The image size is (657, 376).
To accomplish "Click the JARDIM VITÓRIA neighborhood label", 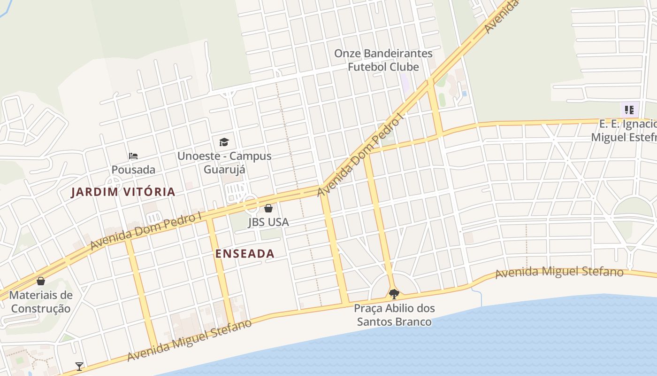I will [x=123, y=192].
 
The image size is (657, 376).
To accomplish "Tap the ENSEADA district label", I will [x=244, y=254].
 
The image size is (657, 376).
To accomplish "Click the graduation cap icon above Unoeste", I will [x=224, y=142].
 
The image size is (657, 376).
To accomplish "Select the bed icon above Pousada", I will [x=133, y=156].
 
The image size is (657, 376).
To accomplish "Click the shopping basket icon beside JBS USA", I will [x=268, y=208].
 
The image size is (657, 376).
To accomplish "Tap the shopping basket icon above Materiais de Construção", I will [x=41, y=281].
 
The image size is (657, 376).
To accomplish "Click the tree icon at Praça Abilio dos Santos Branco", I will [x=394, y=294].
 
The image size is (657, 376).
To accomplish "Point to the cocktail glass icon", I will [x=79, y=366].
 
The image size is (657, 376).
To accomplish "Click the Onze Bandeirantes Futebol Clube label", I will [x=383, y=60].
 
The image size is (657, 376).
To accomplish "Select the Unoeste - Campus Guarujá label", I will [x=224, y=162].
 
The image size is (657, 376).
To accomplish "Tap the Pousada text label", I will [x=133, y=169].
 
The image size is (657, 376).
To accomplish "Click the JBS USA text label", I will [x=268, y=222].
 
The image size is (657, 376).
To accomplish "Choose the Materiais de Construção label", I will [x=41, y=302].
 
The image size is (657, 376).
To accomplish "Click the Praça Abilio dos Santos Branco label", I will [x=394, y=315].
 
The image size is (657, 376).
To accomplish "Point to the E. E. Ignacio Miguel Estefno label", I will [x=624, y=131].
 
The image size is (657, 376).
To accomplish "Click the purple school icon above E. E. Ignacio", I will [x=629, y=110].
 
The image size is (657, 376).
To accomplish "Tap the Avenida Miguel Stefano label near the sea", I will [x=559, y=272].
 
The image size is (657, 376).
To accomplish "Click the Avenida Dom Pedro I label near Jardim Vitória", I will [x=145, y=230].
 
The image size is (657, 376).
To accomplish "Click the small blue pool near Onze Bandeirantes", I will [x=464, y=94].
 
